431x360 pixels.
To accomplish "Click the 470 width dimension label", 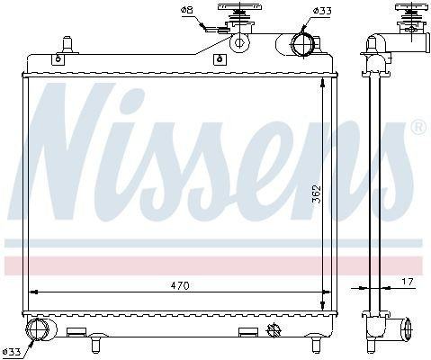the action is pyautogui.click(x=180, y=285).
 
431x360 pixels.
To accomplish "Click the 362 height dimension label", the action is pyautogui.click(x=316, y=194).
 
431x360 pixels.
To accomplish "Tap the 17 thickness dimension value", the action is pyautogui.click(x=408, y=282).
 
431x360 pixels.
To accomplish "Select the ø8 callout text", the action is pyautogui.click(x=187, y=10).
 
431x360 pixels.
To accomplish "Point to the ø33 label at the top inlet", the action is pyautogui.click(x=322, y=11).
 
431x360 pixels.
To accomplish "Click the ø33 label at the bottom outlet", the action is pyautogui.click(x=12, y=351).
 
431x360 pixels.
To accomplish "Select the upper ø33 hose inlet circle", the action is pyautogui.click(x=302, y=44).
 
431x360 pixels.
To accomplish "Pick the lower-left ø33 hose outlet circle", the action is pyautogui.click(x=37, y=329).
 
